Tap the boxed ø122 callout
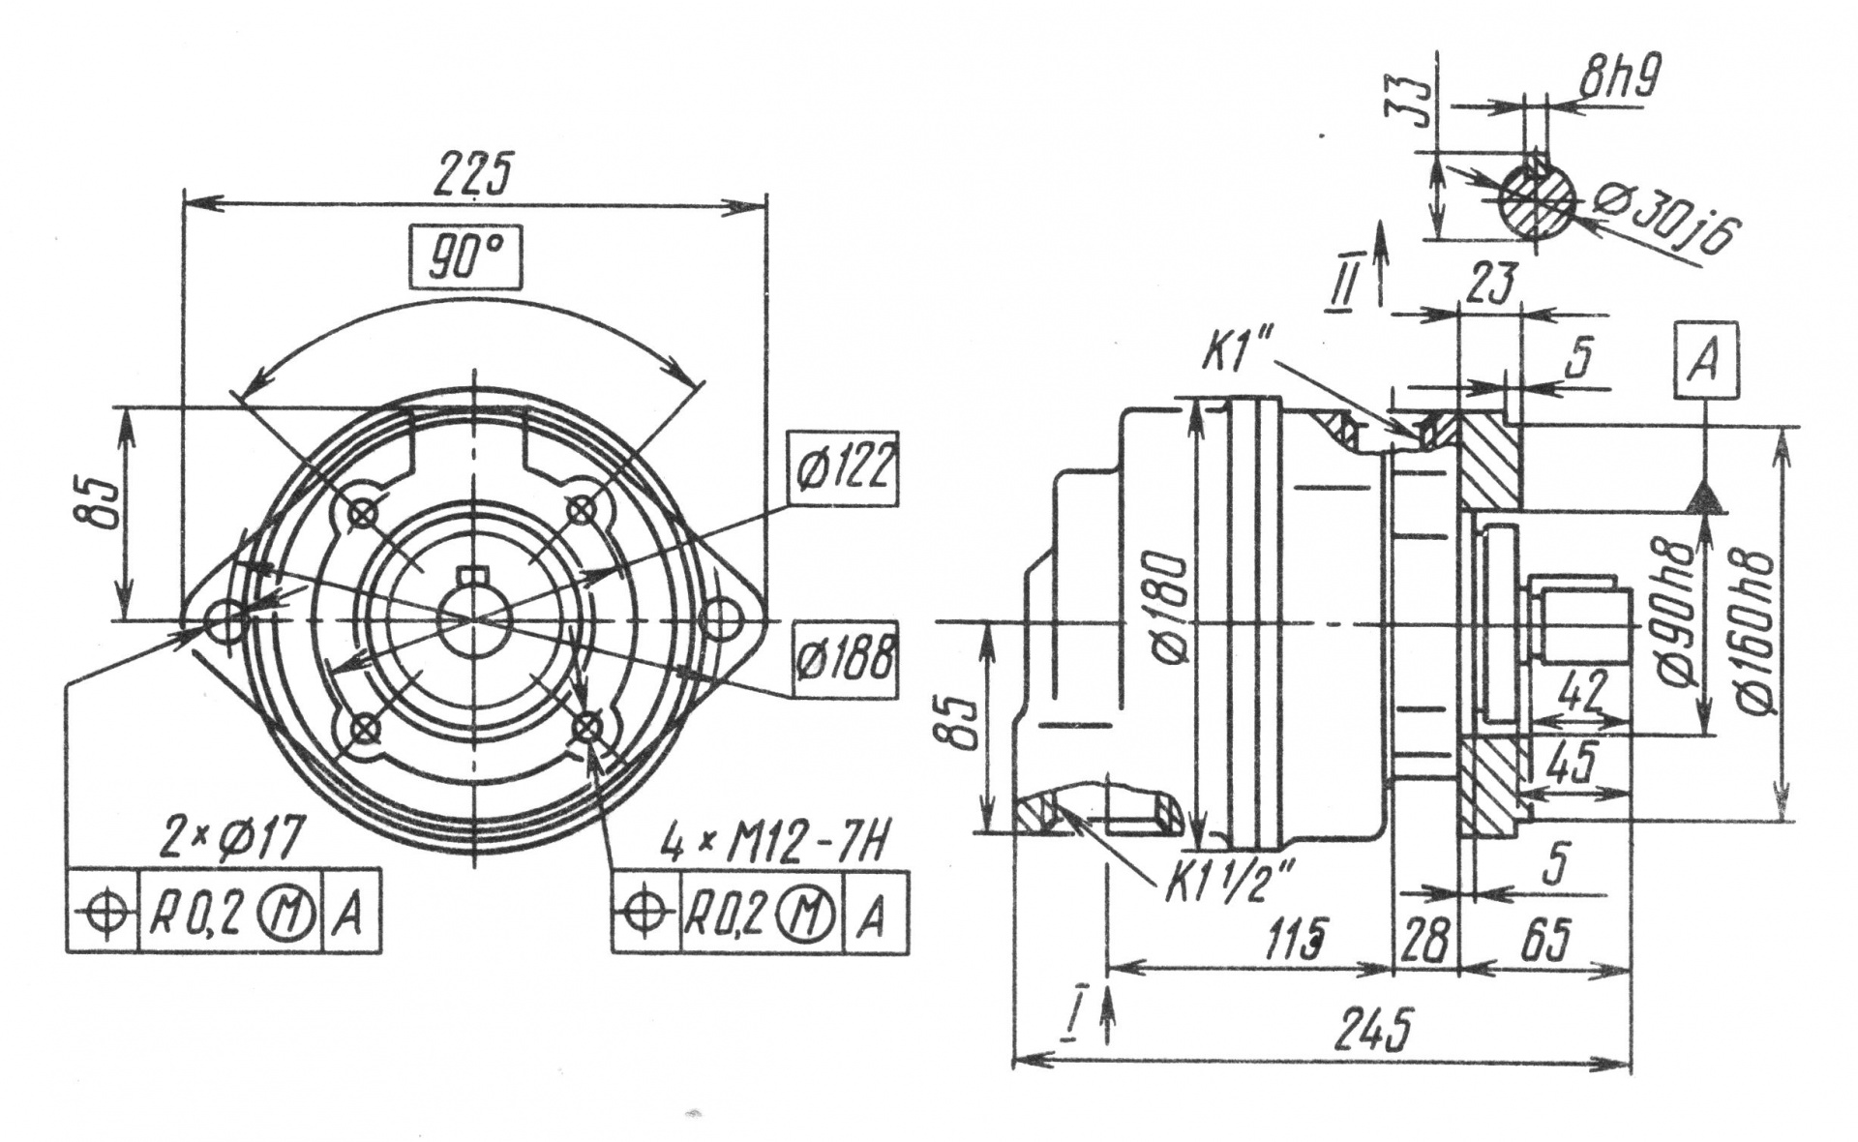pos(841,468)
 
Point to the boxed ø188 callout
pos(842,659)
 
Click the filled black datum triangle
pos(1705,497)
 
